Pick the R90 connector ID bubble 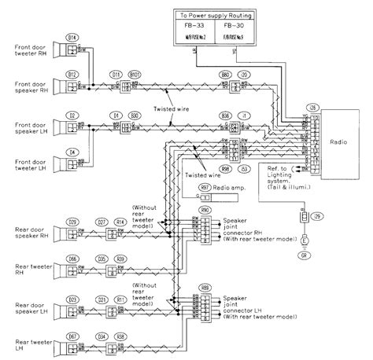tap(206, 210)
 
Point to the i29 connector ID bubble tap(316, 215)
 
